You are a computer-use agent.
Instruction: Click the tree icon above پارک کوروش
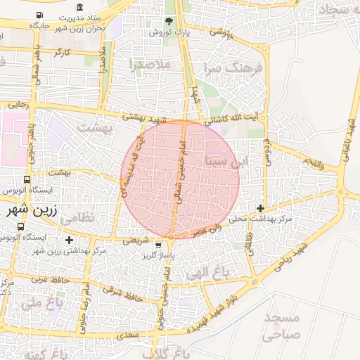coord(168,21)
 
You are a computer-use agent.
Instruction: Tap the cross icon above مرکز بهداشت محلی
coord(261,208)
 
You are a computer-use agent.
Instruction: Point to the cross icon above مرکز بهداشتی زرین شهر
coord(69,240)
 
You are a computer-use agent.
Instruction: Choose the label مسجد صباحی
coord(282,326)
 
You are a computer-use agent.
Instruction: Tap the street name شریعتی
coord(136,239)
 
